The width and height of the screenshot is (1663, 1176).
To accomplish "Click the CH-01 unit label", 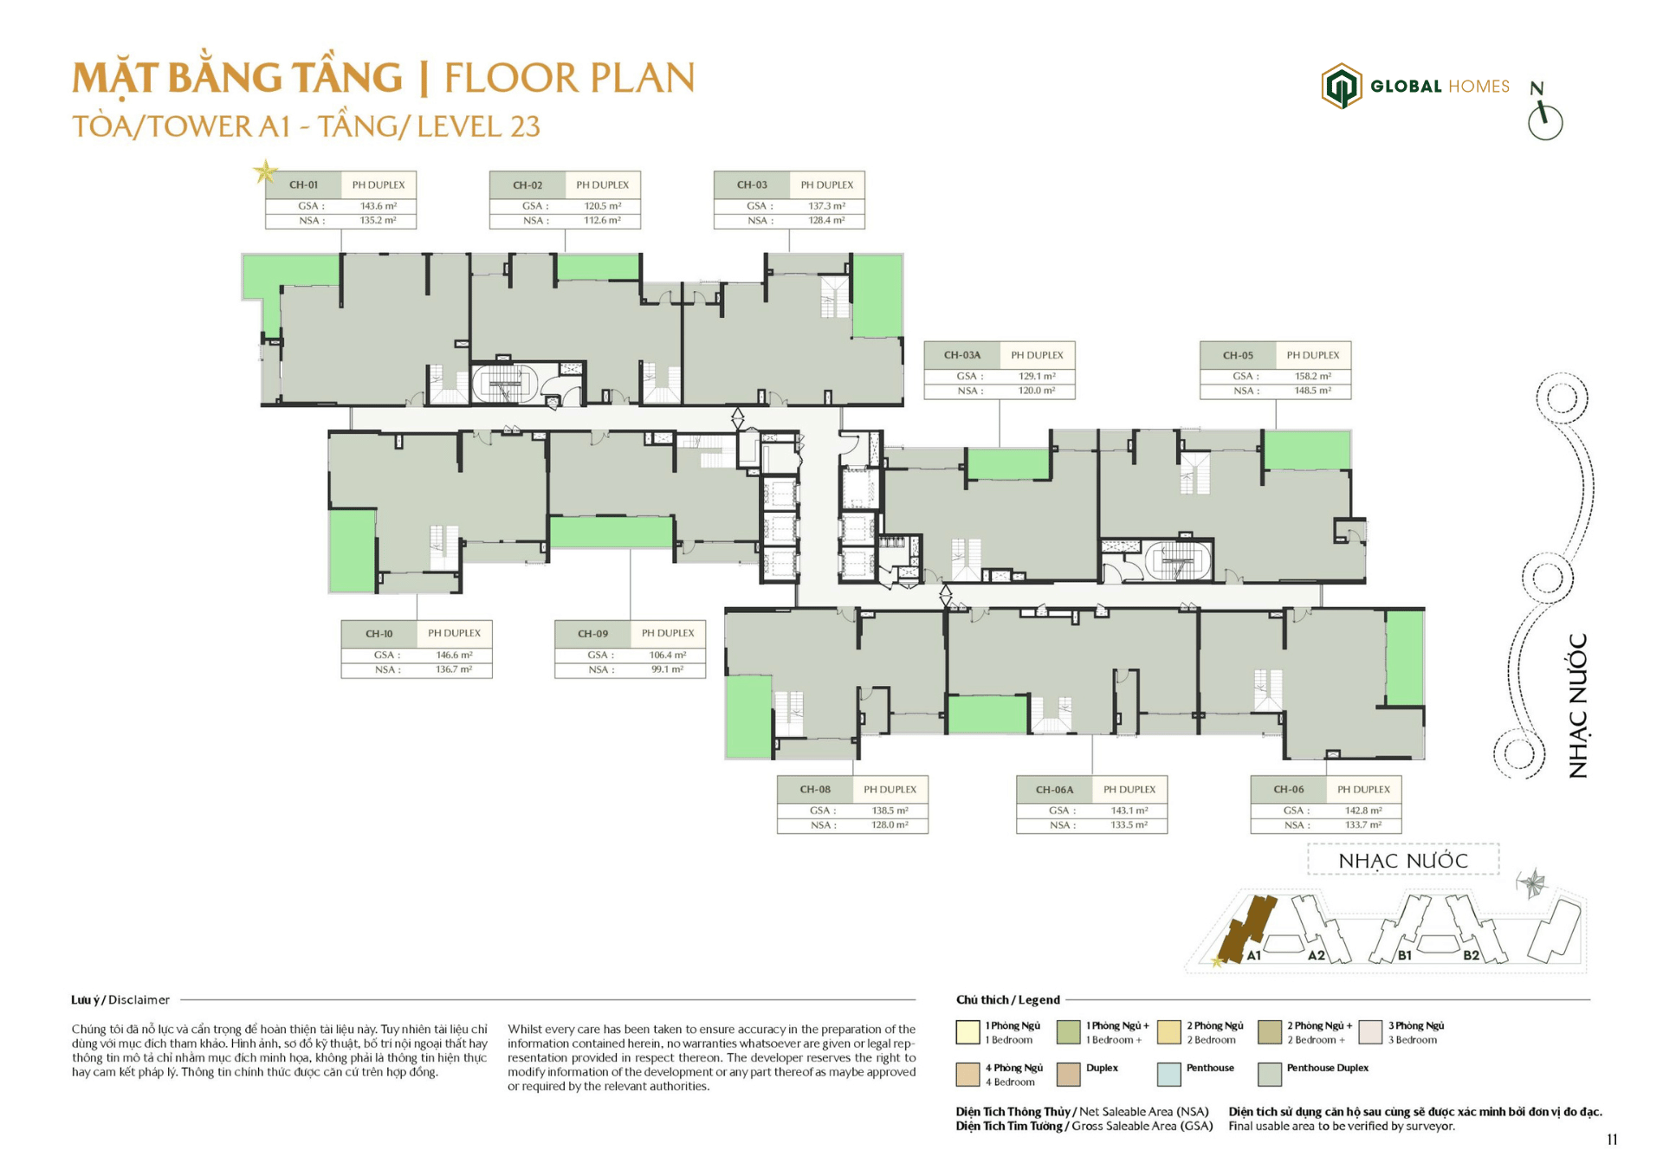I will [303, 184].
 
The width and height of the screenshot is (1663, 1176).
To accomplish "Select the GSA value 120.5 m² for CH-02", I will [602, 206].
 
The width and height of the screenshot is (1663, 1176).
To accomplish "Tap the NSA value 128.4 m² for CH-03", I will [826, 221].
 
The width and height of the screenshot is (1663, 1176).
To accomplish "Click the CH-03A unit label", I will [961, 355].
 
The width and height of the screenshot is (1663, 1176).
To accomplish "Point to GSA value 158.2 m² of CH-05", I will [1312, 377].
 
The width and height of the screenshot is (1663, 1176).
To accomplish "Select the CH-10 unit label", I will [379, 634].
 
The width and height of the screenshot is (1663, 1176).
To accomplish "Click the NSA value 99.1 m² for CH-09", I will [667, 669].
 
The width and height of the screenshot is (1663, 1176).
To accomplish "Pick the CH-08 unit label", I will [814, 790].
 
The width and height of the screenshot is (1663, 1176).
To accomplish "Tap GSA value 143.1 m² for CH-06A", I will [1129, 811].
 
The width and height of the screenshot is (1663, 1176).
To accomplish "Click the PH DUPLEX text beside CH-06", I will [1362, 790].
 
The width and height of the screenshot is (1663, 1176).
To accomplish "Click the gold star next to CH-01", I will [265, 171].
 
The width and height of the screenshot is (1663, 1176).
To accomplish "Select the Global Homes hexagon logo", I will [1341, 86].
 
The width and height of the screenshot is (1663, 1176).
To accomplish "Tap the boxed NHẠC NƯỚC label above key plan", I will [1402, 861].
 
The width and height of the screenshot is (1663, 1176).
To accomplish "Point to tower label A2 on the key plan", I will [1316, 955].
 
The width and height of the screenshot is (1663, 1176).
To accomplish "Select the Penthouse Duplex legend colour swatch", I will [1269, 1075].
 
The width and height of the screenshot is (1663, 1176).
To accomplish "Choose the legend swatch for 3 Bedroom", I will [1370, 1032].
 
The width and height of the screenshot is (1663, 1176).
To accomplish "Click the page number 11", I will [1611, 1140].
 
